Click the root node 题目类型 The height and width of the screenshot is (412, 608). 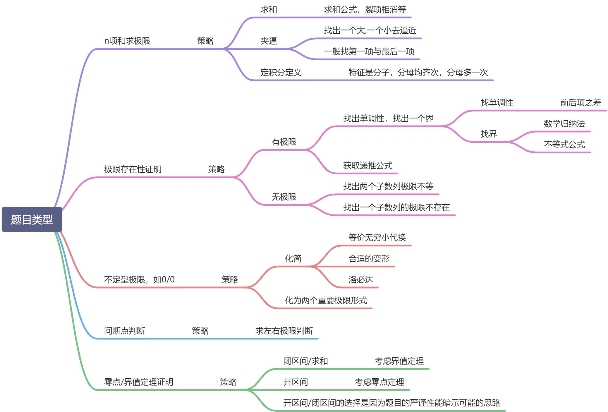tap(32, 219)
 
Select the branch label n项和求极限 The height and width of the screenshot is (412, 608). tap(127, 41)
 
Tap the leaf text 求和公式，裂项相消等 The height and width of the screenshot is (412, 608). tap(365, 10)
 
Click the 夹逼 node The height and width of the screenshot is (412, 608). tap(269, 41)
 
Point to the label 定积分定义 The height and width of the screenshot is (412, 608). tap(281, 72)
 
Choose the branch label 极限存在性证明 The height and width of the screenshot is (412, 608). tap(133, 169)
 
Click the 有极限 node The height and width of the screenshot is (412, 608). tap(284, 142)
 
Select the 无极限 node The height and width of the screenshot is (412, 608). tap(284, 197)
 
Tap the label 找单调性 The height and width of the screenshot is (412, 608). tap(497, 103)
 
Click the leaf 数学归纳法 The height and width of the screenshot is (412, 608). tap(564, 124)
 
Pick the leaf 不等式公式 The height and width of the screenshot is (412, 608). tap(564, 145)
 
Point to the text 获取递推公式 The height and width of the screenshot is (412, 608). tap(368, 166)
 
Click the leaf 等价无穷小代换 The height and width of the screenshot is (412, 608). tap(377, 237)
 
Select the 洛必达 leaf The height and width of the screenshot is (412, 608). tap(361, 280)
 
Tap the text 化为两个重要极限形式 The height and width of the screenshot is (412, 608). tap(326, 301)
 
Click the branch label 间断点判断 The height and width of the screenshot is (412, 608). tap(125, 331)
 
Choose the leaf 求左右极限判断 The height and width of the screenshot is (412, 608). tap(284, 331)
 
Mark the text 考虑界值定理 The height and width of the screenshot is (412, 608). tap(399, 361)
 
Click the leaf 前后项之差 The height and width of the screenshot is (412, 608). tap(580, 103)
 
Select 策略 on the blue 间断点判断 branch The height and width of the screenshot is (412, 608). tap(200, 331)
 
